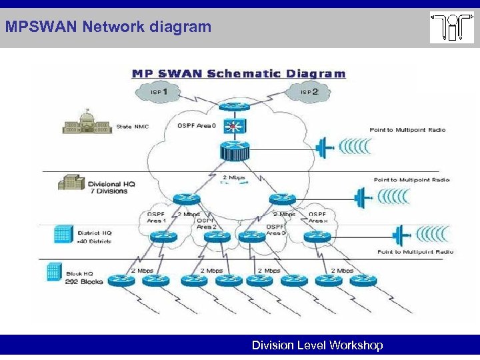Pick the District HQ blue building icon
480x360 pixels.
tap(63, 234)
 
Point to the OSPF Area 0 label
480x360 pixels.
tap(196, 125)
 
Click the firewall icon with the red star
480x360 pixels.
tap(233, 126)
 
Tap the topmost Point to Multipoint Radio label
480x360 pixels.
tap(407, 129)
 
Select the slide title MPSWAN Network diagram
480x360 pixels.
tap(108, 27)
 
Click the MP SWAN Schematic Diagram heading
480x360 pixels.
tap(238, 74)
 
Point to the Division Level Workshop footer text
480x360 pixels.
tap(317, 345)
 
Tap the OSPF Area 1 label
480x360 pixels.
tap(157, 217)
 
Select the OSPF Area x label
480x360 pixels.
tap(318, 217)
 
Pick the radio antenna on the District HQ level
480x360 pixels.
tap(400, 235)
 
